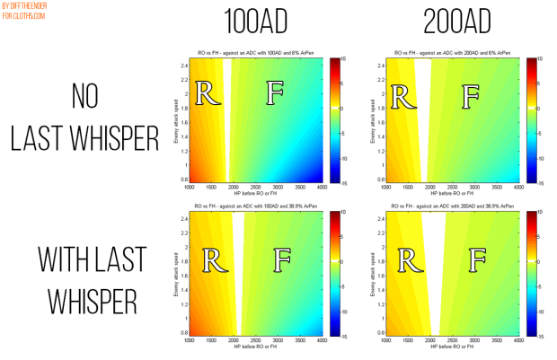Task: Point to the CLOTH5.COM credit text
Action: pyautogui.click(x=23, y=15)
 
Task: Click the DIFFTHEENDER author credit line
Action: pyautogui.click(x=29, y=6)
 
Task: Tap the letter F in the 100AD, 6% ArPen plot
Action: pyautogui.click(x=276, y=93)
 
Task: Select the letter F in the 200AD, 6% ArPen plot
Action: pyautogui.click(x=470, y=93)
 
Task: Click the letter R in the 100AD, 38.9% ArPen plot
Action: pyautogui.click(x=213, y=259)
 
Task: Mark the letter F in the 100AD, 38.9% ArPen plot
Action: pyautogui.click(x=281, y=259)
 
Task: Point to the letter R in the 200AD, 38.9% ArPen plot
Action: pyautogui.click(x=409, y=259)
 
